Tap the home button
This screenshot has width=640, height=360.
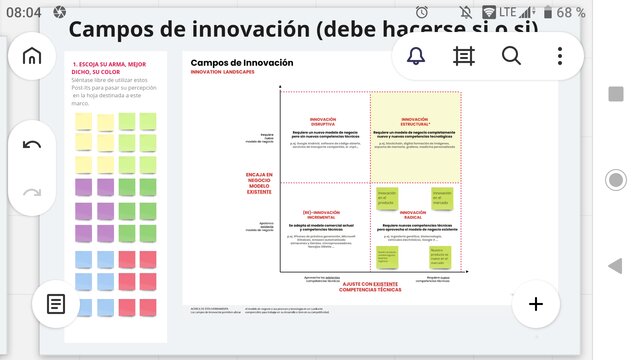[32, 56]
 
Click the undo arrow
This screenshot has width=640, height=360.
[32, 144]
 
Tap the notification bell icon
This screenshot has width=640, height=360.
[416, 56]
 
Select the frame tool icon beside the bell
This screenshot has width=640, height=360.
[464, 56]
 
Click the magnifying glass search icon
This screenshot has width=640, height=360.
[511, 56]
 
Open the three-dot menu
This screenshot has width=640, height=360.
[560, 56]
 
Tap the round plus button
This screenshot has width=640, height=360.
[536, 304]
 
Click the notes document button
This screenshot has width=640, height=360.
[57, 304]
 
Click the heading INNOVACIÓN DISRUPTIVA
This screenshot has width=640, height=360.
[323, 122]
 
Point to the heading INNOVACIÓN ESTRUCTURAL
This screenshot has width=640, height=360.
[415, 122]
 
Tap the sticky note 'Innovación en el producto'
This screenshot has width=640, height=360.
[388, 198]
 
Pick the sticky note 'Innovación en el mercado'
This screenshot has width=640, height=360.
[443, 198]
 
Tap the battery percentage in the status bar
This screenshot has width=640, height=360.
[571, 12]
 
